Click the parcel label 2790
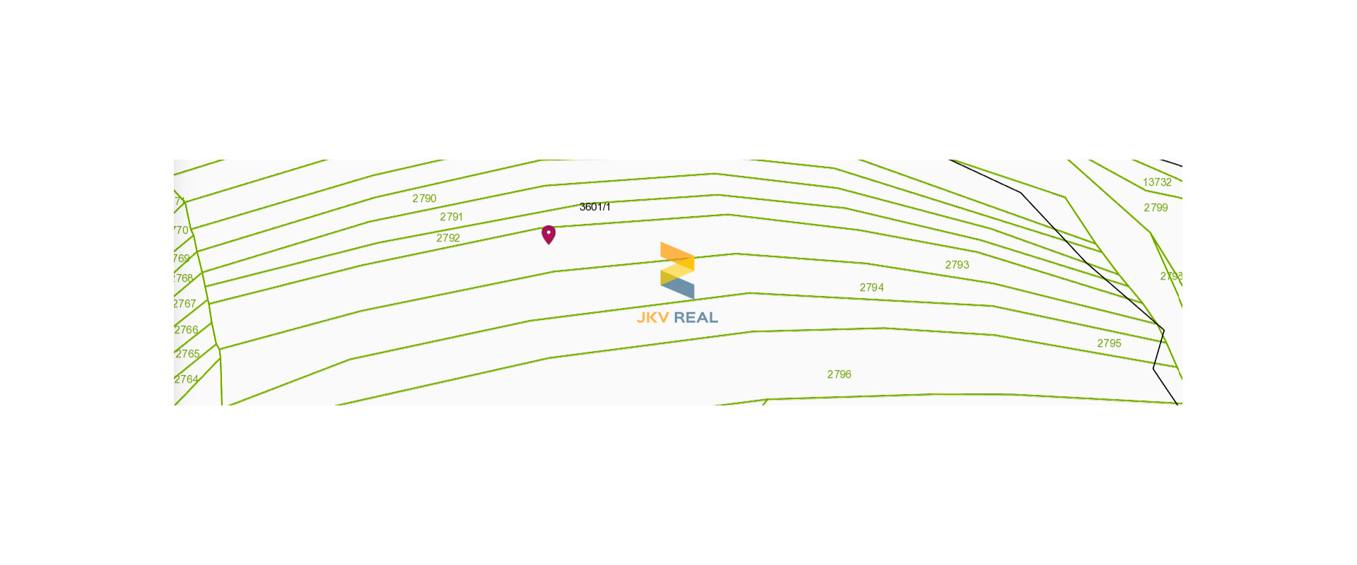pyautogui.click(x=424, y=198)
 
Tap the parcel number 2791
pyautogui.click(x=451, y=217)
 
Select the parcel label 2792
pyautogui.click(x=448, y=238)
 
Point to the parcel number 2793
pyautogui.click(x=957, y=265)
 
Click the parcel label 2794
pyautogui.click(x=871, y=287)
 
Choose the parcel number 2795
pyautogui.click(x=1109, y=343)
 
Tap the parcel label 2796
pyautogui.click(x=839, y=374)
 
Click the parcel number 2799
pyautogui.click(x=1156, y=208)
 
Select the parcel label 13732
pyautogui.click(x=1157, y=182)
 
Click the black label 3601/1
pyautogui.click(x=594, y=207)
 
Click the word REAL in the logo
pyautogui.click(x=695, y=318)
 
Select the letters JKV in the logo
pyautogui.click(x=652, y=318)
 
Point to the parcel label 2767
pyautogui.click(x=184, y=304)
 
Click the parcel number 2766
pyautogui.click(x=187, y=330)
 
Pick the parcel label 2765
pyautogui.click(x=187, y=354)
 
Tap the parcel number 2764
pyautogui.click(x=187, y=379)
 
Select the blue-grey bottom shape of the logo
pyautogui.click(x=679, y=287)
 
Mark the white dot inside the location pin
pyautogui.click(x=548, y=232)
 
